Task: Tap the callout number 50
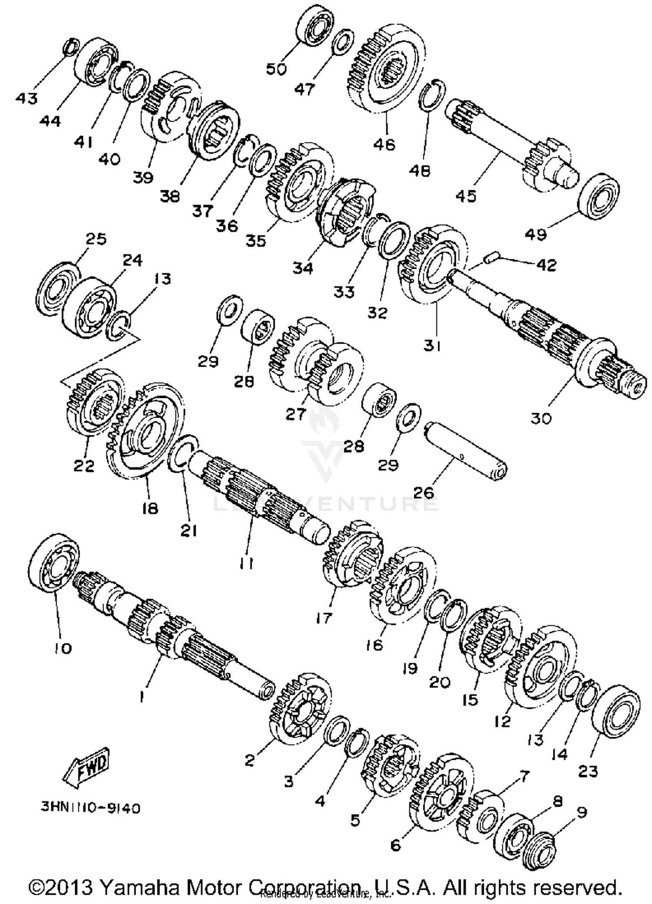[276, 69]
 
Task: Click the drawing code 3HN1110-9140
[91, 808]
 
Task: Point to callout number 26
[423, 493]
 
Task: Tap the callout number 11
[246, 563]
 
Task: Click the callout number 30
[541, 418]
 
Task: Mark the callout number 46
[384, 144]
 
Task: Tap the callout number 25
[96, 239]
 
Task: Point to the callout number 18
[150, 508]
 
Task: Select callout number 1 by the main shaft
[141, 696]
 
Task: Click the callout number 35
[256, 240]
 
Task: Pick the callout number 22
[84, 466]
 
